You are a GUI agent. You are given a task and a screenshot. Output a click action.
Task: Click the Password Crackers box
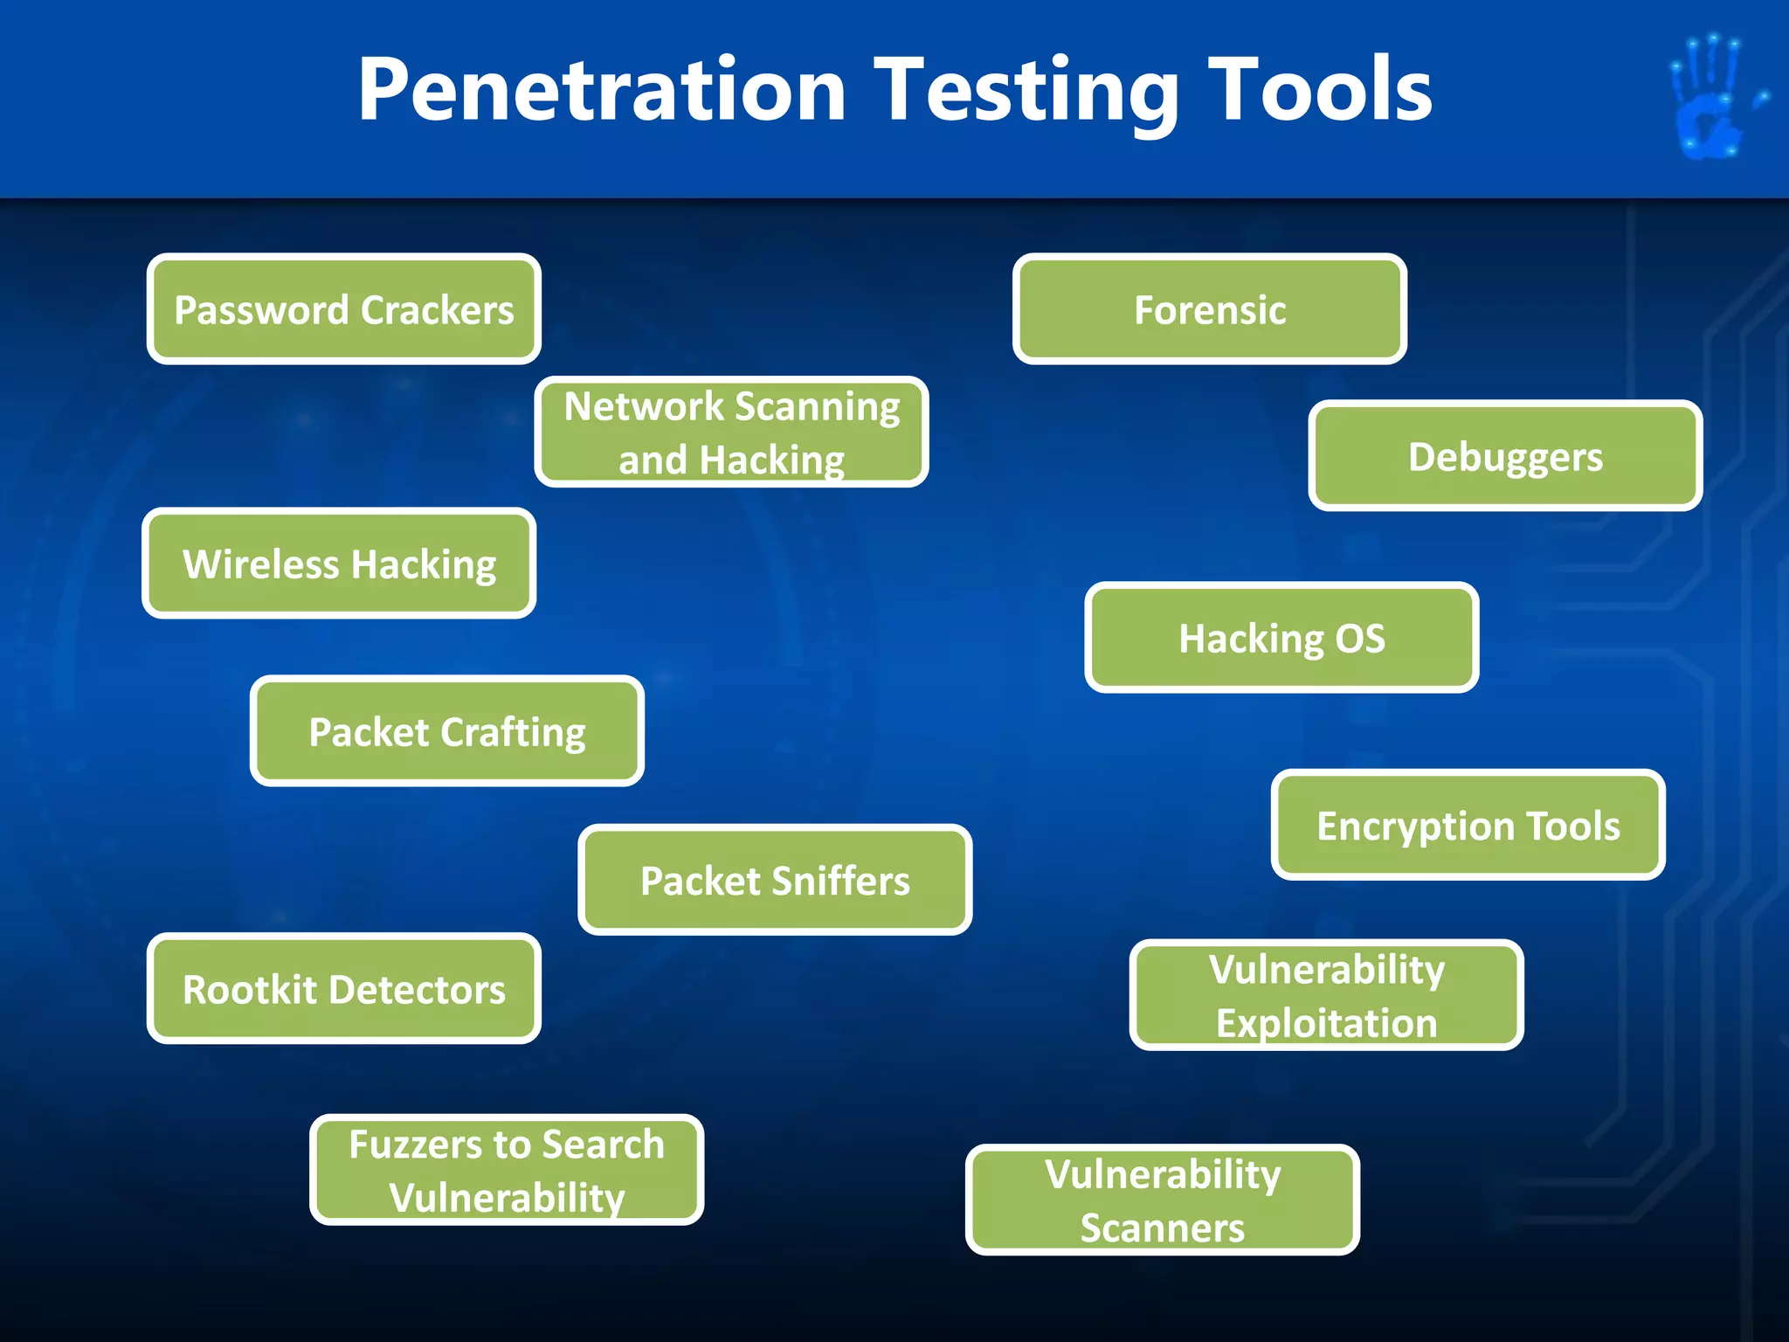click(344, 309)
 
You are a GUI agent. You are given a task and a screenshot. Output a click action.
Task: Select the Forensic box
click(1210, 309)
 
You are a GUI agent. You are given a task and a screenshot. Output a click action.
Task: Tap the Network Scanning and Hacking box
click(731, 432)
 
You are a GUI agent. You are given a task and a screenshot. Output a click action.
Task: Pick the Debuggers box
click(1505, 456)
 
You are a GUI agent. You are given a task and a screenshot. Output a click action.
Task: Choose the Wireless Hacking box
click(339, 564)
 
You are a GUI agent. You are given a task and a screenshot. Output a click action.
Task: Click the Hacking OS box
click(1281, 638)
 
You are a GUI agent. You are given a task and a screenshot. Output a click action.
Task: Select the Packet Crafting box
click(447, 731)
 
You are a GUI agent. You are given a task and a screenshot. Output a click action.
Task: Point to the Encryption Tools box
click(1468, 825)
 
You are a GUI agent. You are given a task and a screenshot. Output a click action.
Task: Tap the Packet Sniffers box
click(775, 880)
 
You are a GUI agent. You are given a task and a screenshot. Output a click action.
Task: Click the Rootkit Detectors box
click(344, 989)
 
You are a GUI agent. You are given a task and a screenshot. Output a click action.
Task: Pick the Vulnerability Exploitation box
click(1326, 995)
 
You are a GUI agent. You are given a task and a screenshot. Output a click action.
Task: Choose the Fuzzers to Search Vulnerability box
click(507, 1170)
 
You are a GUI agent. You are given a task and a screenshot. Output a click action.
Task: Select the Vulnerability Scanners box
click(1163, 1200)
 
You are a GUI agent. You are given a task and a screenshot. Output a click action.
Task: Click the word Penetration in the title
click(603, 89)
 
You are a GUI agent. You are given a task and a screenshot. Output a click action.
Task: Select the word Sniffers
click(839, 880)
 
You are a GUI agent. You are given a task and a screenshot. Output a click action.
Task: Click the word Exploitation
click(1326, 1023)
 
